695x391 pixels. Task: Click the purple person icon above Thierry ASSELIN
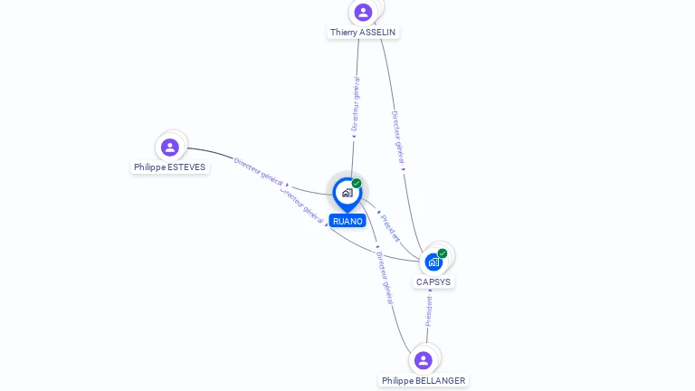point(363,12)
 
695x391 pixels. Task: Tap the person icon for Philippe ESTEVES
point(170,147)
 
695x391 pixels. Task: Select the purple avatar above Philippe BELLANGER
point(423,360)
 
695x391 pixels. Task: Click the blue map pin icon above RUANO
point(347,193)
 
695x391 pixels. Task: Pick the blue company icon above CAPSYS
point(433,262)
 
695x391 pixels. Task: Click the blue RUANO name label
point(347,221)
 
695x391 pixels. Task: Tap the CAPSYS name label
point(433,282)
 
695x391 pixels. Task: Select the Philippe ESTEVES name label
point(170,167)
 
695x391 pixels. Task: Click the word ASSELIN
point(377,33)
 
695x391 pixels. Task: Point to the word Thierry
point(343,33)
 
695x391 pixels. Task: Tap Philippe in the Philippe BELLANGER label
point(397,381)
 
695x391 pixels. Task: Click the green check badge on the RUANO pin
point(357,184)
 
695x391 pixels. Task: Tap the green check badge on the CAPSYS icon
point(443,253)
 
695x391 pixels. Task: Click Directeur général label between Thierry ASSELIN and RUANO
point(356,105)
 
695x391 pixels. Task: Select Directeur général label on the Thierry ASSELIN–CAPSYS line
point(397,138)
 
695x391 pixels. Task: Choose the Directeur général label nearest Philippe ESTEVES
point(259,171)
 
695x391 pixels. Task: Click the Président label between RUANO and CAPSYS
point(389,227)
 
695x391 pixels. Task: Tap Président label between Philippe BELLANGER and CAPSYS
point(429,310)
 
